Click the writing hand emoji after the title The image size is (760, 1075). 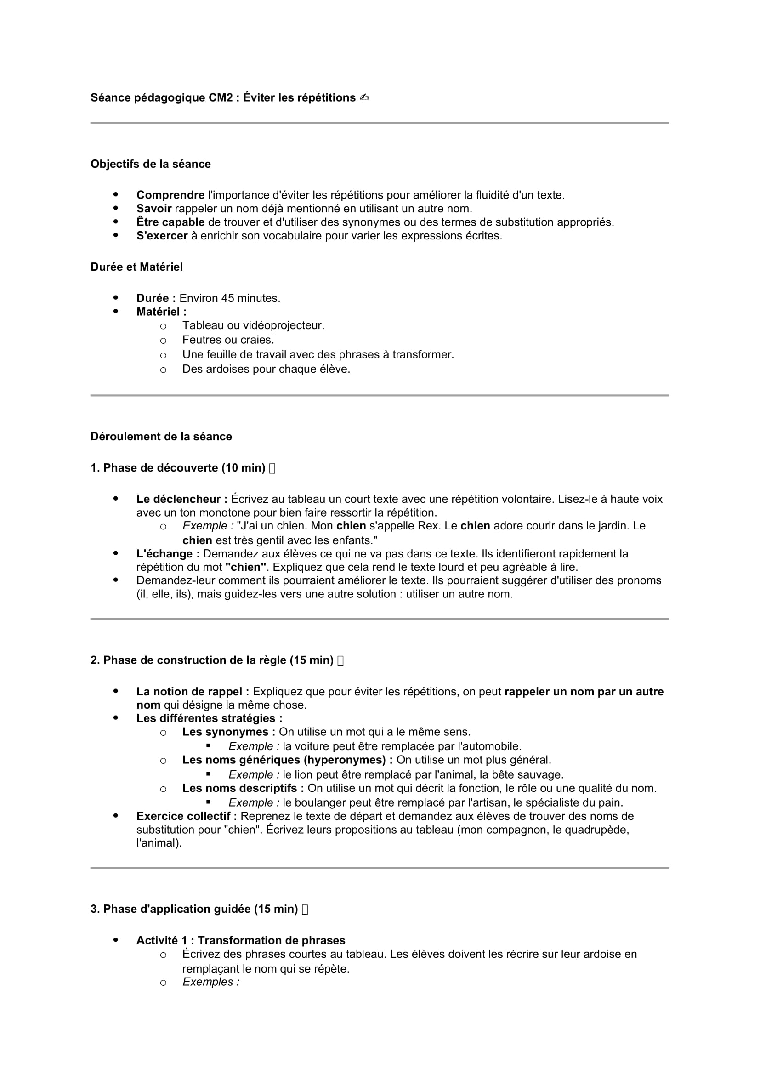364,98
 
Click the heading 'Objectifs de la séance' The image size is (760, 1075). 150,164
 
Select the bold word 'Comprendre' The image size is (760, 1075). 170,195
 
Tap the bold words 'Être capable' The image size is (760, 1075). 170,222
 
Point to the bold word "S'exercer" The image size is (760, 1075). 162,235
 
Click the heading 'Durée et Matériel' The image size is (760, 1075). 136,267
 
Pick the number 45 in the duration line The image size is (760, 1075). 228,298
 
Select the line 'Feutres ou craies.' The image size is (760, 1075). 228,340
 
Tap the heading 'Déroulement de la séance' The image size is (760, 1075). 161,436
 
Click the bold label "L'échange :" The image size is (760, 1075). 168,554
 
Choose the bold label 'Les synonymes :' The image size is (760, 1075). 228,732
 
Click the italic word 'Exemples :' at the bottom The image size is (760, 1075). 210,982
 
